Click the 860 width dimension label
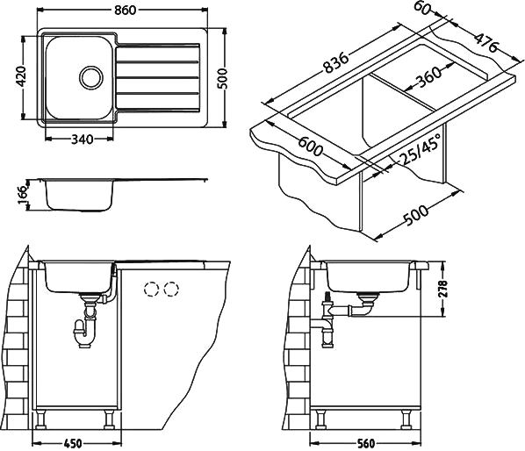coord(126,11)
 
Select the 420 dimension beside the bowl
coord(21,76)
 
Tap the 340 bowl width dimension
coord(82,140)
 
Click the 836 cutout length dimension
coord(336,63)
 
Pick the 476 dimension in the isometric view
coord(486,42)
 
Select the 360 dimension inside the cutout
coord(428,77)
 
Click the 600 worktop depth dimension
coord(311,147)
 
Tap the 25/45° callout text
coord(421,148)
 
